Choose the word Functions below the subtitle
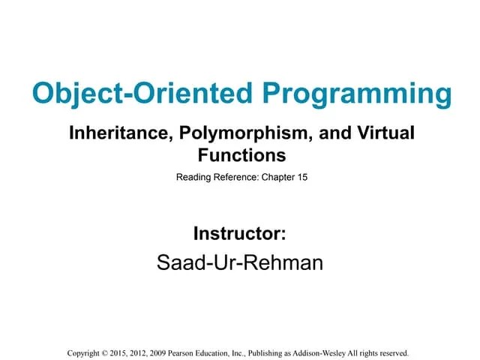(241, 155)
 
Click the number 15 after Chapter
(301, 178)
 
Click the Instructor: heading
(240, 233)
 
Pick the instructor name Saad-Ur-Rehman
(240, 262)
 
